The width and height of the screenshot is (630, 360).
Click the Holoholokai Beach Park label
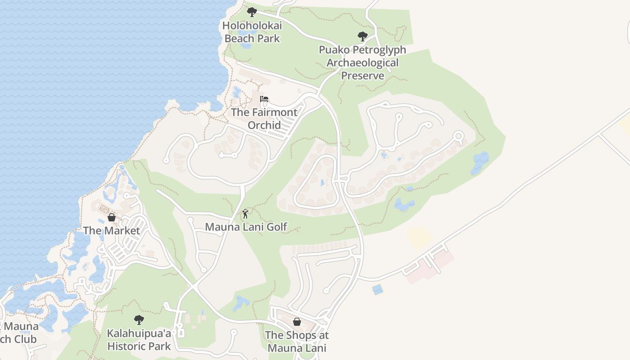pyautogui.click(x=252, y=32)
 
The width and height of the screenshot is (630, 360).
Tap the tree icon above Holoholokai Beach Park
pyautogui.click(x=252, y=12)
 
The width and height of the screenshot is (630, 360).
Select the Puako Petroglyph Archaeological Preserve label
pyautogui.click(x=362, y=63)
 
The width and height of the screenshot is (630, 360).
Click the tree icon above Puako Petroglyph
pyautogui.click(x=362, y=36)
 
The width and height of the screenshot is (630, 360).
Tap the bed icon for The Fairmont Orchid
pyautogui.click(x=264, y=99)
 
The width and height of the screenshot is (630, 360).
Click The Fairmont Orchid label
pyautogui.click(x=264, y=119)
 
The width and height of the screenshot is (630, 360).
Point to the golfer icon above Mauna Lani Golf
pyautogui.click(x=245, y=214)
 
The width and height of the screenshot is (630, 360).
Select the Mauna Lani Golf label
pyautogui.click(x=246, y=227)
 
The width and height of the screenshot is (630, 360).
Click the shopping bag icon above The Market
pyautogui.click(x=112, y=218)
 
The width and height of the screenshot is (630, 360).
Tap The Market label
pyautogui.click(x=112, y=231)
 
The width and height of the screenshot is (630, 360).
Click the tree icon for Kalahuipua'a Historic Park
pyautogui.click(x=139, y=320)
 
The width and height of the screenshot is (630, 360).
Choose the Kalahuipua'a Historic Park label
pyautogui.click(x=139, y=340)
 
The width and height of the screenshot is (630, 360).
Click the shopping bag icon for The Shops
pyautogui.click(x=297, y=322)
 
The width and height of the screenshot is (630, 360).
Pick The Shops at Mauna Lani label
pyautogui.click(x=297, y=342)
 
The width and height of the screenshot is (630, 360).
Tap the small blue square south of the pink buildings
pyautogui.click(x=378, y=289)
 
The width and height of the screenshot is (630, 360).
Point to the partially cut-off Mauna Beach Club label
pyautogui.click(x=18, y=333)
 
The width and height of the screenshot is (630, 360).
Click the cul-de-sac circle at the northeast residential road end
pyautogui.click(x=459, y=135)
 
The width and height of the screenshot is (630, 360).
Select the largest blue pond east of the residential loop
pyautogui.click(x=481, y=162)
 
